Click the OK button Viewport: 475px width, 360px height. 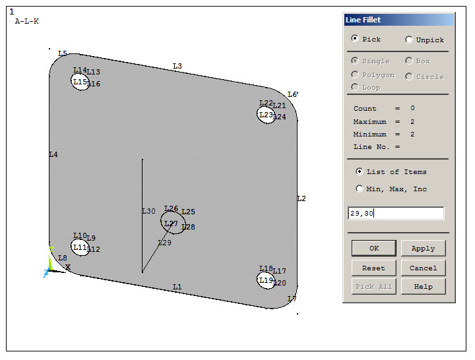point(374,248)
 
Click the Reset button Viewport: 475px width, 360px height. point(374,268)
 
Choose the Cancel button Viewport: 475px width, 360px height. point(423,268)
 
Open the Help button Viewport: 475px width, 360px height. point(423,286)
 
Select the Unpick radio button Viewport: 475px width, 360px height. point(409,40)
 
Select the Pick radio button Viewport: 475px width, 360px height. point(356,39)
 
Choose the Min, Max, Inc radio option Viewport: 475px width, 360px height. point(360,189)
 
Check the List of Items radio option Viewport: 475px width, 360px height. point(360,171)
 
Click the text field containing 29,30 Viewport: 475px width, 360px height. point(396,213)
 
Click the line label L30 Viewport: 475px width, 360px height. point(148,211)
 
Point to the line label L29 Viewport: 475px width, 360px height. point(164,243)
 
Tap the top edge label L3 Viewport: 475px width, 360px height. point(177,66)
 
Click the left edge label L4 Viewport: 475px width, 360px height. point(53,154)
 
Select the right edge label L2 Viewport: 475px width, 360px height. point(301,198)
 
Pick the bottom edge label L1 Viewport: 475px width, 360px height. point(177,287)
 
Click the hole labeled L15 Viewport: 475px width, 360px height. point(80,82)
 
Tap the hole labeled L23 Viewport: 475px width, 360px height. point(266,115)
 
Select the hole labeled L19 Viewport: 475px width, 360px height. point(266,280)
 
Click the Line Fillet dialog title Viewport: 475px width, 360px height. point(364,20)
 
